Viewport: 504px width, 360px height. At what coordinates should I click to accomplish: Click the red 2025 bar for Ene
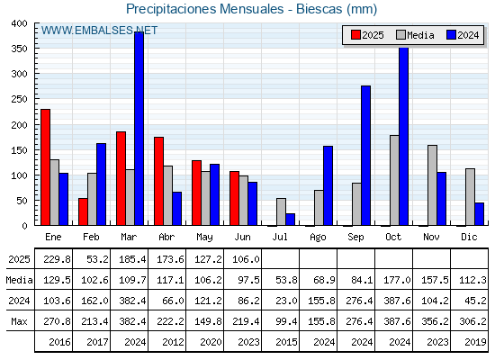(45, 167)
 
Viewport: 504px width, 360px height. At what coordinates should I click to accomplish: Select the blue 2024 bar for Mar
(139, 129)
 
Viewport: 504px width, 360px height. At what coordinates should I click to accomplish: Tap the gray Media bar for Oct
(394, 180)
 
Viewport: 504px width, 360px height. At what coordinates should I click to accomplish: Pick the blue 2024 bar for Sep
(365, 156)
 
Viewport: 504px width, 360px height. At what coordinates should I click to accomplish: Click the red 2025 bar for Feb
(83, 211)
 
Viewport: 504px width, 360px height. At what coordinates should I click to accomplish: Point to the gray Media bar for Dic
(470, 197)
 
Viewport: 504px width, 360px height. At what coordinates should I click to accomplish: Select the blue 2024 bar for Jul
(290, 220)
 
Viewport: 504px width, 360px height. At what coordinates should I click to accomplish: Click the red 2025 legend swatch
(355, 35)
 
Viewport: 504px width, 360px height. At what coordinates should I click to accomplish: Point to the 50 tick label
(22, 201)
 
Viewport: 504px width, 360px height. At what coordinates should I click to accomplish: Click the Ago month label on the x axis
(318, 238)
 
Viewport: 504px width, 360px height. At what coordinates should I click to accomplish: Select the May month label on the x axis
(204, 238)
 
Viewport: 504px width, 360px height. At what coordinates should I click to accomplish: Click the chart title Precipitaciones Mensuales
(205, 9)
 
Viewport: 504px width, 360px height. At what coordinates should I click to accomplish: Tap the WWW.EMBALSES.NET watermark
(99, 31)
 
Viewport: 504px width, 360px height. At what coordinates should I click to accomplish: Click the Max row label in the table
(19, 321)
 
